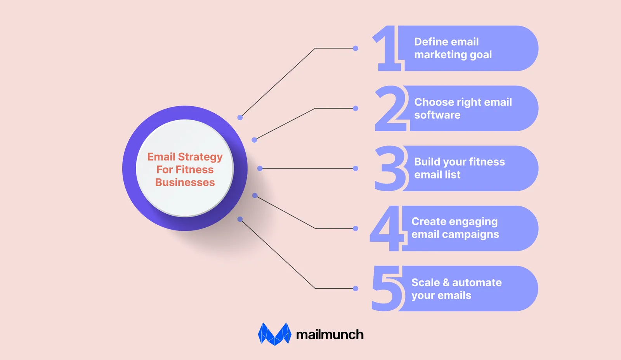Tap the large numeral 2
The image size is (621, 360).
click(x=391, y=108)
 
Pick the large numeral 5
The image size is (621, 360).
click(x=387, y=288)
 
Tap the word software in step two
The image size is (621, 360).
click(x=437, y=115)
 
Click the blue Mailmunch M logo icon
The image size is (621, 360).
click(x=274, y=334)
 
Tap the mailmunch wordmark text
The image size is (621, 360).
click(x=330, y=334)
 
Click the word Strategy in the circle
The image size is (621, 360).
click(x=200, y=157)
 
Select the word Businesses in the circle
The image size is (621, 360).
click(x=185, y=182)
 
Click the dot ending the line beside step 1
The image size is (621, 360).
click(x=356, y=48)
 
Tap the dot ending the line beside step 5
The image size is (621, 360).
click(x=356, y=289)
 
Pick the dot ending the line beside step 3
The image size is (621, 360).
click(x=356, y=168)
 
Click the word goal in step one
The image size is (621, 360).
click(x=481, y=55)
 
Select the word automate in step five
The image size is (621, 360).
click(x=477, y=283)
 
